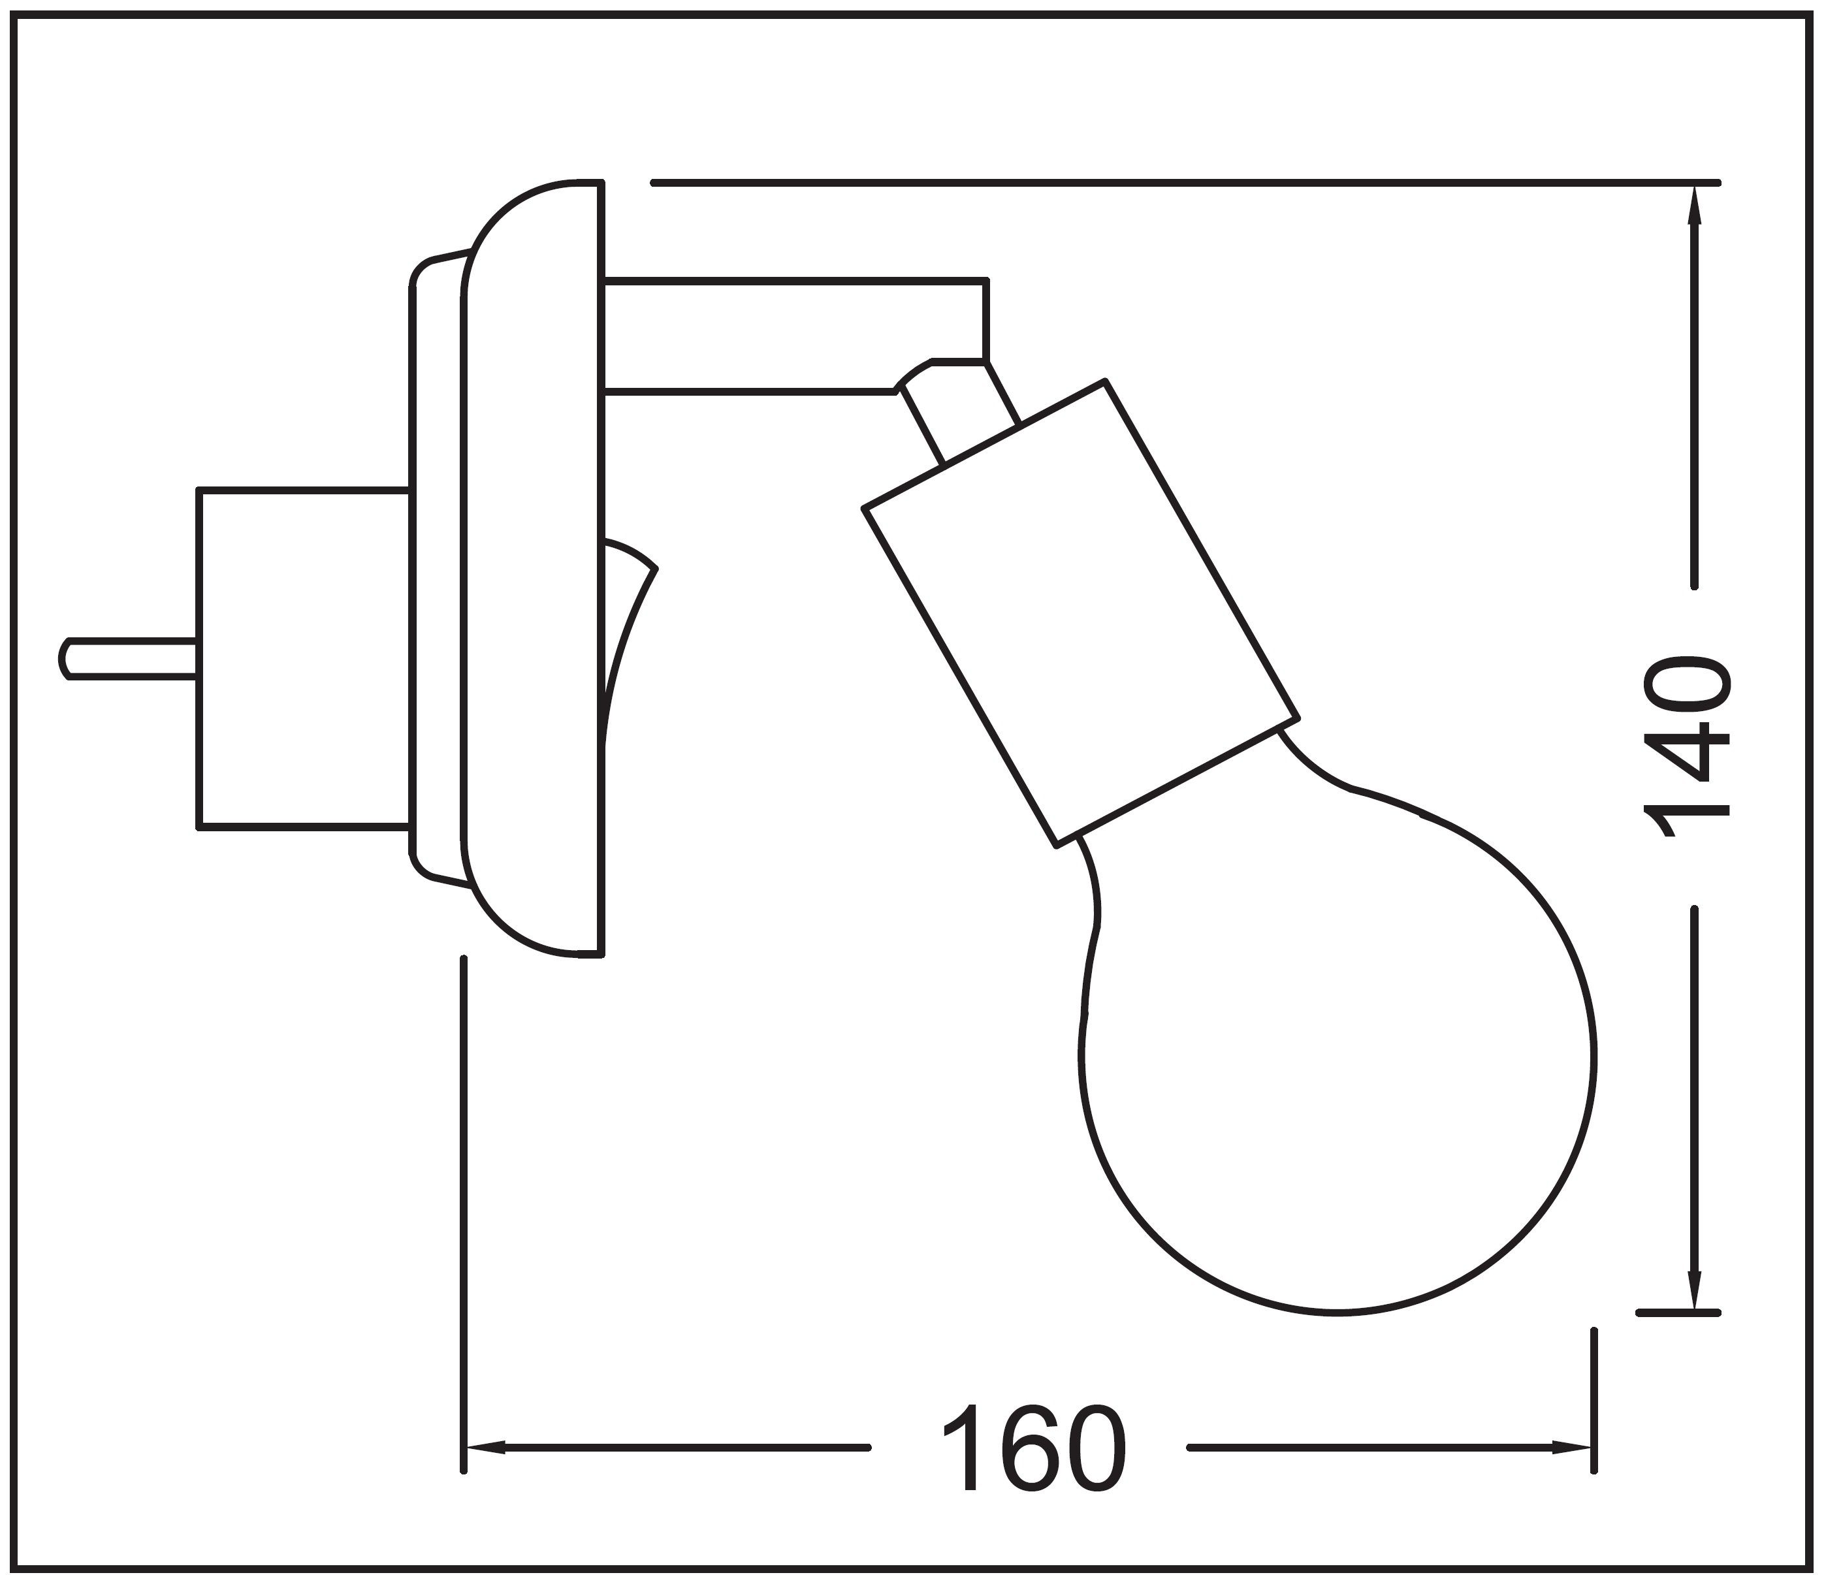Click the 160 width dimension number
point(1034,1449)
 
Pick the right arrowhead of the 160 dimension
point(1572,1447)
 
